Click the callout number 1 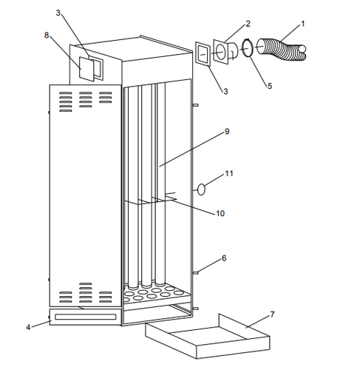point(302,24)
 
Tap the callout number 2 point(248,24)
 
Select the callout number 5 point(269,86)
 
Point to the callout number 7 point(272,315)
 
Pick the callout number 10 point(220,214)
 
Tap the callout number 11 point(229,173)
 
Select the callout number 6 point(224,258)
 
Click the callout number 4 point(29,326)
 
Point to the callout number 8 point(46,35)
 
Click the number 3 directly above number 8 point(59,13)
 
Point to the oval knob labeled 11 point(200,189)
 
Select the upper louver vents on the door point(85,98)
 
